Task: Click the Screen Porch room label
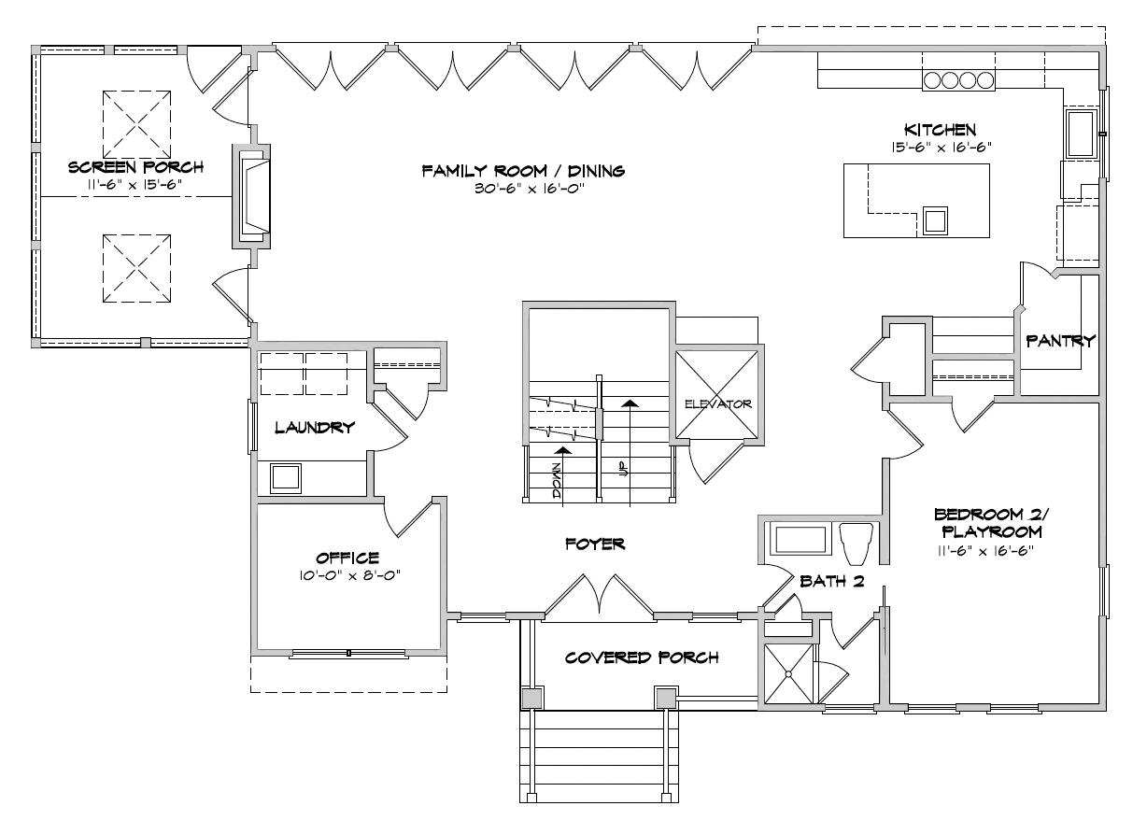click(135, 167)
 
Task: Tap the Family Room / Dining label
click(523, 171)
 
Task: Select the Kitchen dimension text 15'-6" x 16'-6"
click(942, 148)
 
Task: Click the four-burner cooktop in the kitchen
click(958, 80)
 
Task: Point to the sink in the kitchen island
click(935, 221)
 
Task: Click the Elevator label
click(718, 404)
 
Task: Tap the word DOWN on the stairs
click(558, 481)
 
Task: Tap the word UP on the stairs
click(624, 469)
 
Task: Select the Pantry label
click(1060, 340)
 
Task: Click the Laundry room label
click(315, 428)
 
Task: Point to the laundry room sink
click(286, 478)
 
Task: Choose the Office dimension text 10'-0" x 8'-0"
click(349, 575)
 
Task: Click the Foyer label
click(595, 544)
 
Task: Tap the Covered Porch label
click(642, 657)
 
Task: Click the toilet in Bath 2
click(857, 544)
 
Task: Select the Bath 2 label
click(832, 581)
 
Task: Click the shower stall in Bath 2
click(788, 674)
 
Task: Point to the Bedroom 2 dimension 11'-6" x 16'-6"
click(985, 551)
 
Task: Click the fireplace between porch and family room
click(251, 196)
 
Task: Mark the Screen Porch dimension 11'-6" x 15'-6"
click(135, 184)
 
